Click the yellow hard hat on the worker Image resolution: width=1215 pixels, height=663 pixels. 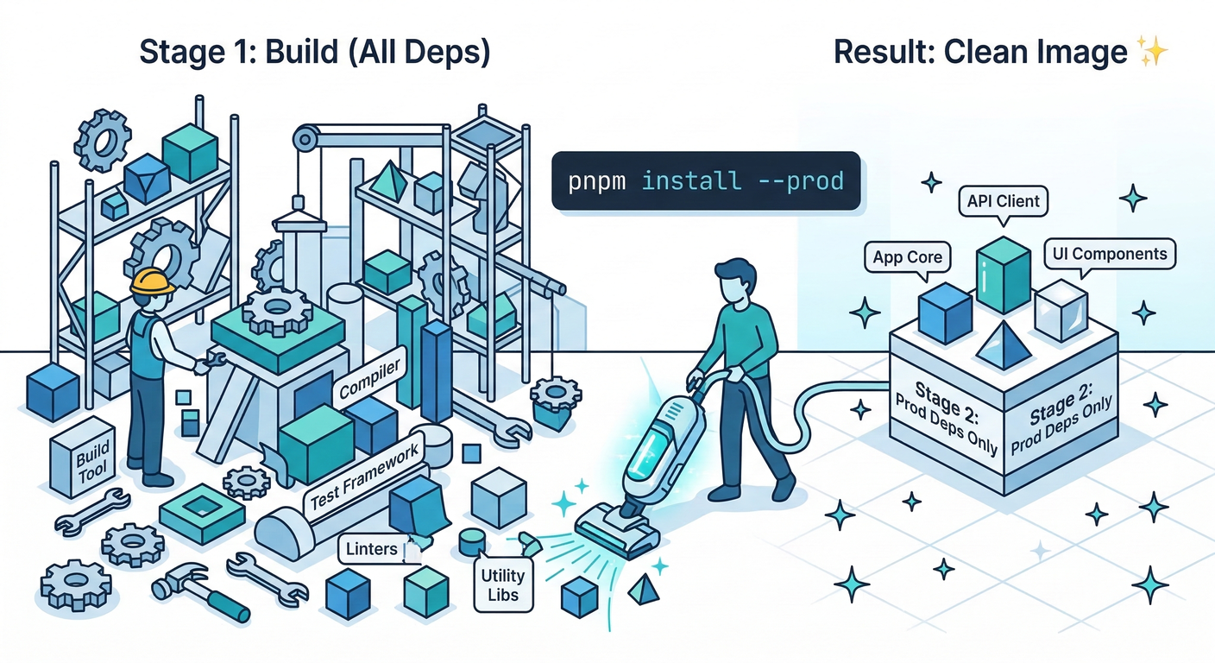(x=152, y=280)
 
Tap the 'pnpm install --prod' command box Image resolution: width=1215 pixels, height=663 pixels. (x=706, y=181)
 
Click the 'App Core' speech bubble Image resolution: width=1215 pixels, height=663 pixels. (x=907, y=257)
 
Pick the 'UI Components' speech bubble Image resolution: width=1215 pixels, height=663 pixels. (x=1109, y=254)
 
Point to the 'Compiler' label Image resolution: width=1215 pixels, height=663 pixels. (x=369, y=381)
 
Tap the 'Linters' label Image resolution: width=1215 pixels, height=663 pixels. (x=373, y=549)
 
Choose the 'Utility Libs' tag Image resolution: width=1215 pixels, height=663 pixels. (x=503, y=584)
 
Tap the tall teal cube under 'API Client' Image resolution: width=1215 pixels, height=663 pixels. (x=1004, y=275)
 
